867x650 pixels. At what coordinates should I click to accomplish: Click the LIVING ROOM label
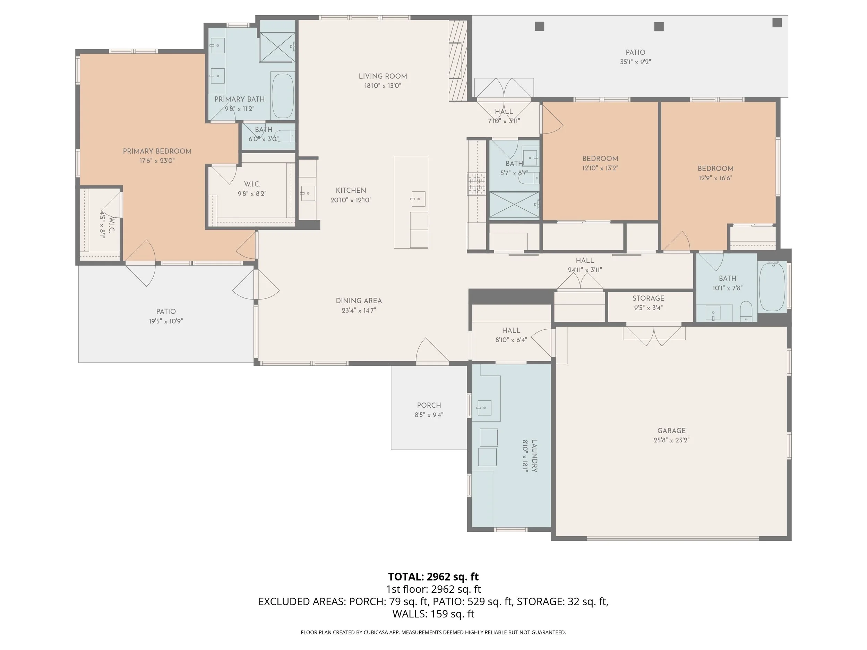pyautogui.click(x=383, y=76)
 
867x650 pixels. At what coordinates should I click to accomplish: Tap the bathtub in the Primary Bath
pyautogui.click(x=283, y=96)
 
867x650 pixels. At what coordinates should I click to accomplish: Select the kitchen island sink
pyautogui.click(x=418, y=199)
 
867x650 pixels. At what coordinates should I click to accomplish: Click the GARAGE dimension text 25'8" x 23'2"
pyautogui.click(x=671, y=440)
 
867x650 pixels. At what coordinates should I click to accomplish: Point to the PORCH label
pyautogui.click(x=429, y=405)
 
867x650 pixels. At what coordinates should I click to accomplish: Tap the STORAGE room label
pyautogui.click(x=648, y=298)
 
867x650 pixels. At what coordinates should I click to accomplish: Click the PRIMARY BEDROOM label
pyautogui.click(x=157, y=151)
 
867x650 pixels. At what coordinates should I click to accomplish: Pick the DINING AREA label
pyautogui.click(x=359, y=301)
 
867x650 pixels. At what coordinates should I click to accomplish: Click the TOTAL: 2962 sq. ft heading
pyautogui.click(x=433, y=577)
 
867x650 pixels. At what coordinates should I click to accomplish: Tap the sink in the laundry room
pyautogui.click(x=484, y=408)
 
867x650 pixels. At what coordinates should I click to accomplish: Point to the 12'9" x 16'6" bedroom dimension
pyautogui.click(x=715, y=178)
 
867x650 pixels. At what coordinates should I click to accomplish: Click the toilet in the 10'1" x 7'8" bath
pyautogui.click(x=746, y=312)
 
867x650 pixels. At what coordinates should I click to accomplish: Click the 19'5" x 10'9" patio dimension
pyautogui.click(x=166, y=321)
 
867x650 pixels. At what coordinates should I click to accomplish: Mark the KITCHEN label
pyautogui.click(x=351, y=190)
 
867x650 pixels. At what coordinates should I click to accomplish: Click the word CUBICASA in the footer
pyautogui.click(x=376, y=632)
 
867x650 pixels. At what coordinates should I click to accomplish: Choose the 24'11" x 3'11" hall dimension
pyautogui.click(x=585, y=270)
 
